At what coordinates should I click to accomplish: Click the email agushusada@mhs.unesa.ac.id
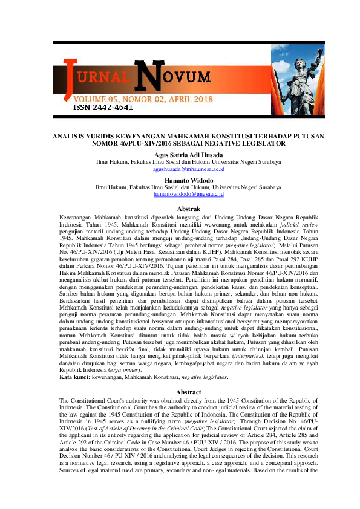point(180,170)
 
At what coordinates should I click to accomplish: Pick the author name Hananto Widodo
point(180,180)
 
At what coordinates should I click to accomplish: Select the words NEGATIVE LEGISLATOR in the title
point(246,145)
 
